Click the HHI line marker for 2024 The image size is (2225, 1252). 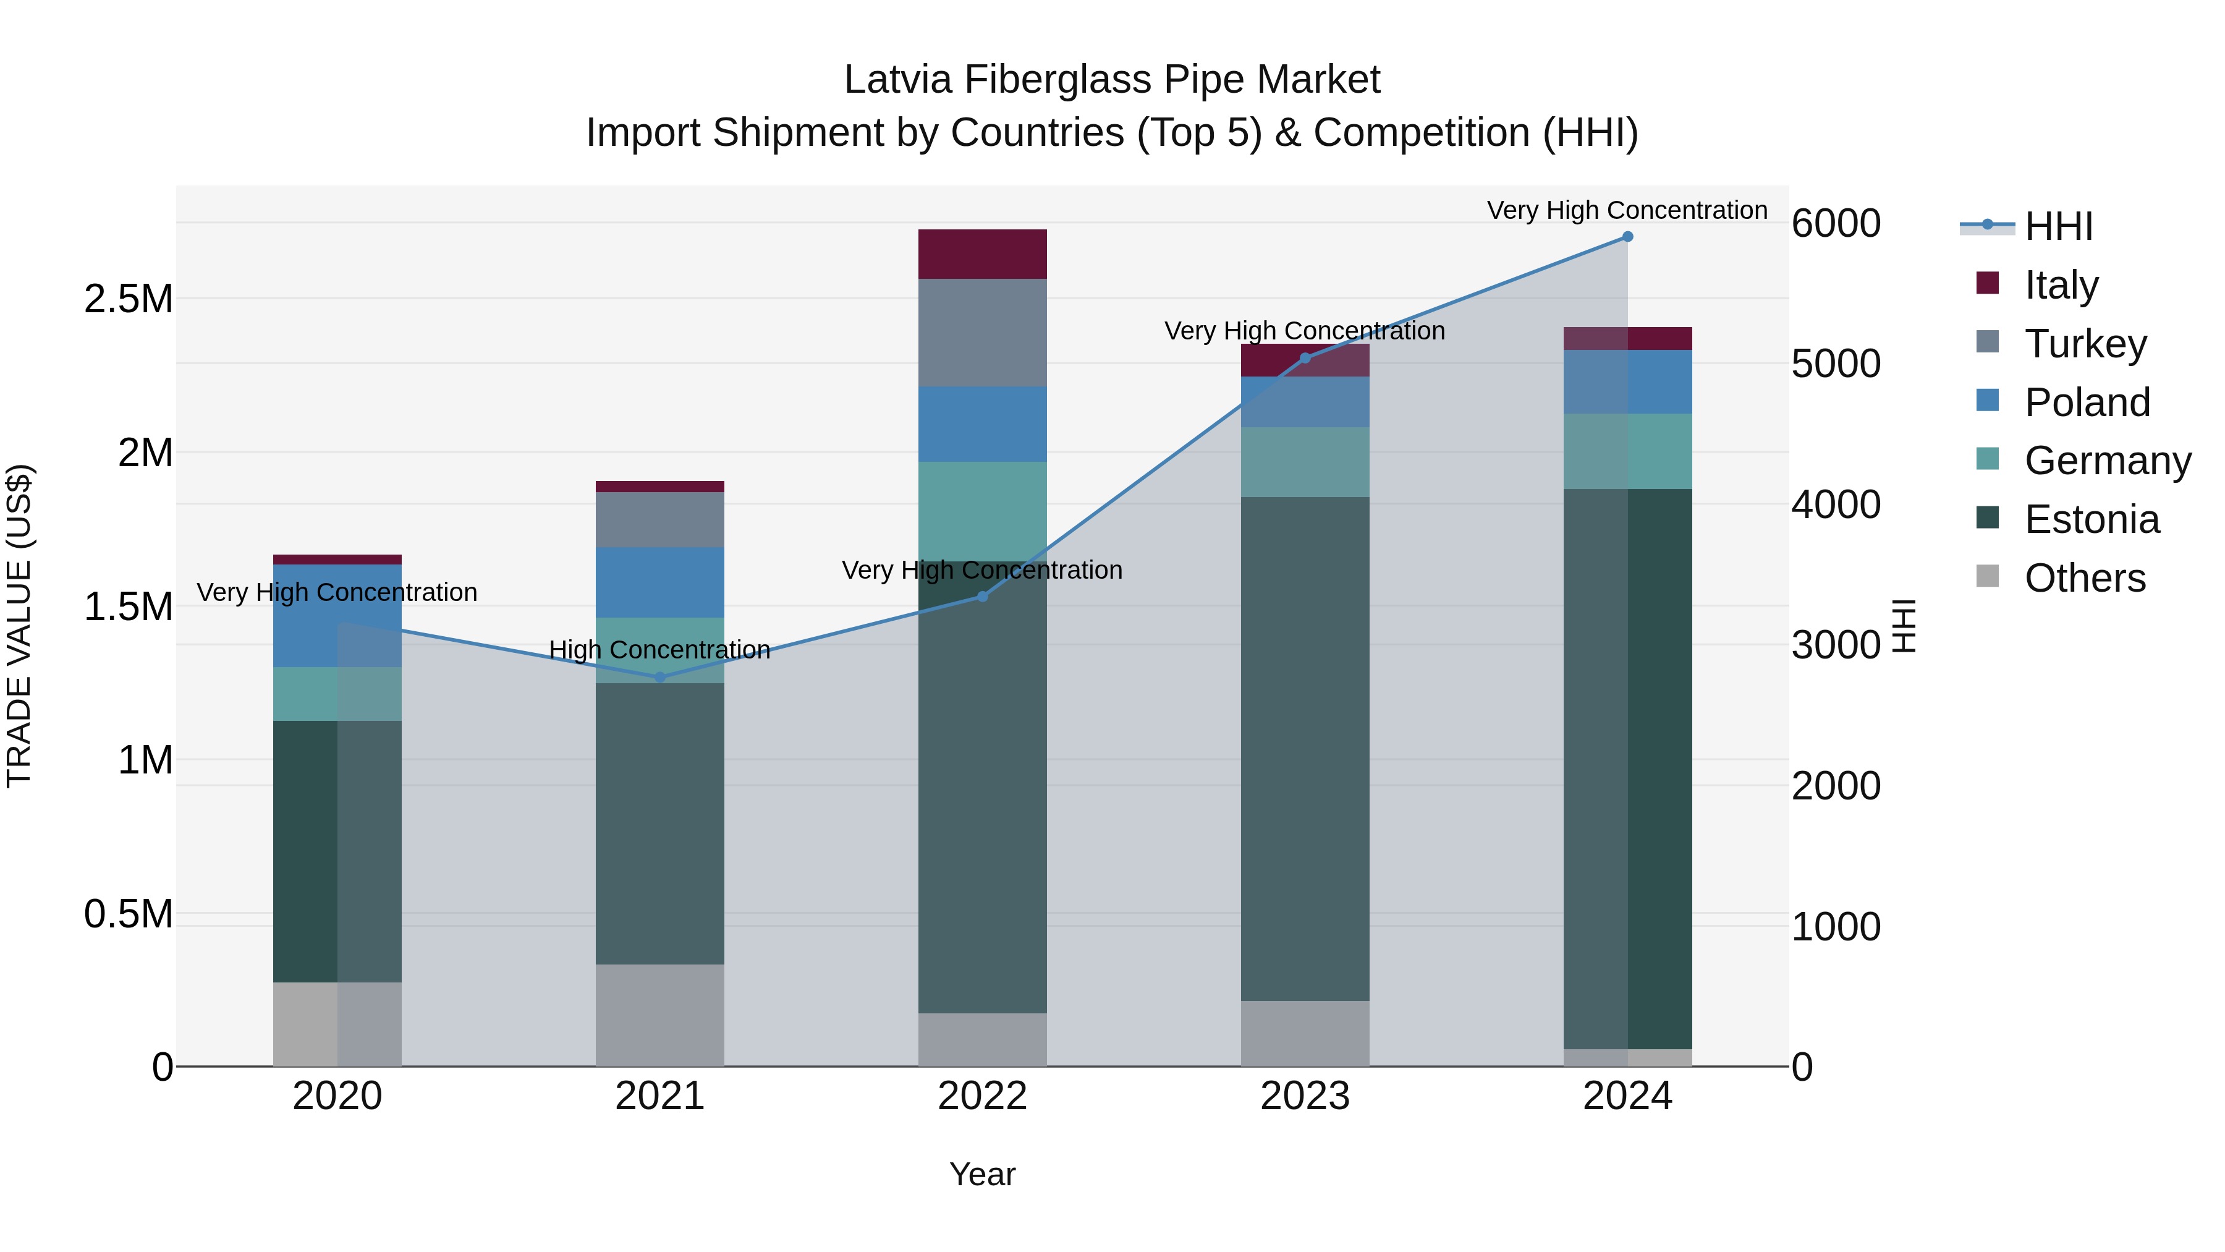pos(1627,237)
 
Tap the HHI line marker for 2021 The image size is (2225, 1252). pos(660,678)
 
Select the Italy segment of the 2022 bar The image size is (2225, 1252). pos(982,254)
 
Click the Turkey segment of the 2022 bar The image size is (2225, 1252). pos(982,333)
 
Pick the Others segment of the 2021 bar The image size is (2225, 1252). pos(660,1015)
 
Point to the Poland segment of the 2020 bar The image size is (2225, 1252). pos(337,615)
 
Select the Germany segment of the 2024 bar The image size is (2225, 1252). pos(1627,451)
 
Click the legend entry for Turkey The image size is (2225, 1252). pos(2084,344)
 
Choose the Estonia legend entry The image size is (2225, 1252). pos(2091,519)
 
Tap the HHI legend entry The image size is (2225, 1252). pos(2058,226)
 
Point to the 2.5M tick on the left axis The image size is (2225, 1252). pos(128,299)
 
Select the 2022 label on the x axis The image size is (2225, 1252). pos(982,1096)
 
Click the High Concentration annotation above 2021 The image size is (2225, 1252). pos(660,650)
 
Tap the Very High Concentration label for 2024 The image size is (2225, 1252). pos(1627,211)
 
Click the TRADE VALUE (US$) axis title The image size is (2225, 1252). pos(19,626)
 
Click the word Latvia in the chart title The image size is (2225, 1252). pos(898,80)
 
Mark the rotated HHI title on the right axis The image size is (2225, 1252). pos(1904,626)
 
